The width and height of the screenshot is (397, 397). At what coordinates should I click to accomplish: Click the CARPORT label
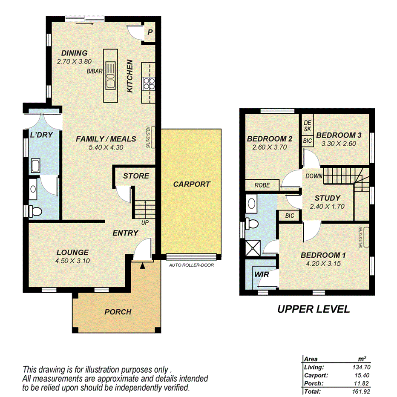[191, 184]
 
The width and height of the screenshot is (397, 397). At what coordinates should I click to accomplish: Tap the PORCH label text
[118, 312]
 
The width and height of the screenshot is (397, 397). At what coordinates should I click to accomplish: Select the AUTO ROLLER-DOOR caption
[191, 265]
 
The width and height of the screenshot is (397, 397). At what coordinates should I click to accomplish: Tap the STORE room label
[136, 176]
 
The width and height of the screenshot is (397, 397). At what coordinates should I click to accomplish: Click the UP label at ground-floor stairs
[145, 222]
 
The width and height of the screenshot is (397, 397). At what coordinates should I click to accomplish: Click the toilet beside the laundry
[37, 210]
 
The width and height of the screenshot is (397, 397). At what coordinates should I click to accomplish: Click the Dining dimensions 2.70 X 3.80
[75, 61]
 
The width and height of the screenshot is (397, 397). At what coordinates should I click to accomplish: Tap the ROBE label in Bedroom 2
[262, 185]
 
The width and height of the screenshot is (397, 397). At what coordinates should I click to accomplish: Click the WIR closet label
[261, 275]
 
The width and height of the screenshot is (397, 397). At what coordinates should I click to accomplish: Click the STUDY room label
[327, 198]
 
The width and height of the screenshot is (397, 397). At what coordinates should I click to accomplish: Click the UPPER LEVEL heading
[314, 309]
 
